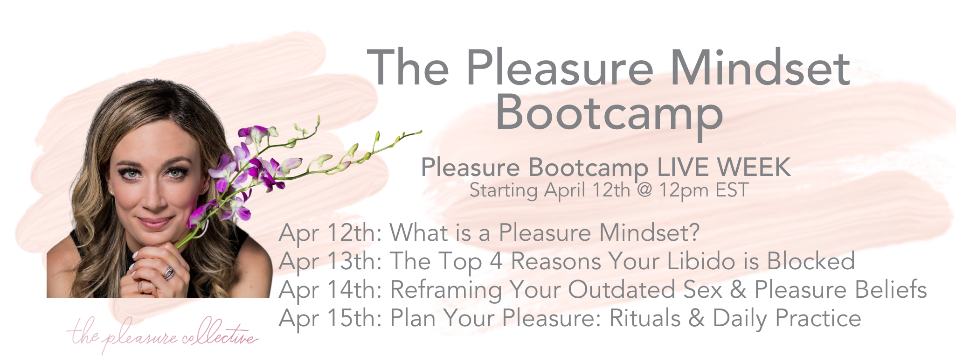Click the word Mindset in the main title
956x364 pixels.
click(x=760, y=69)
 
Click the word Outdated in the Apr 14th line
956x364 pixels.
click(x=622, y=290)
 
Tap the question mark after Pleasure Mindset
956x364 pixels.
click(x=694, y=233)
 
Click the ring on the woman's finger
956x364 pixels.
click(x=168, y=272)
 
